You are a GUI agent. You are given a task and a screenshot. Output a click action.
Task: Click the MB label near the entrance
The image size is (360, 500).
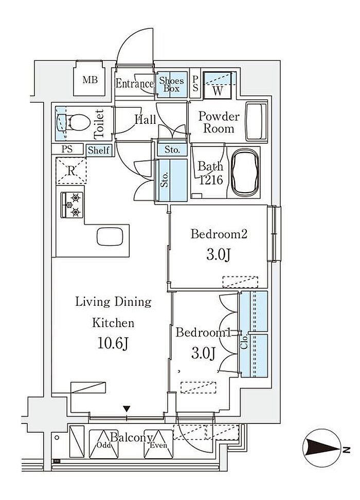coord(90,80)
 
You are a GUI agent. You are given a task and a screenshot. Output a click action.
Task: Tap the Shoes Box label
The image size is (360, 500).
coord(171,84)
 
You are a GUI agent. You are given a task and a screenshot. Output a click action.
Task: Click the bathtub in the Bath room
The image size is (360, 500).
coord(245,173)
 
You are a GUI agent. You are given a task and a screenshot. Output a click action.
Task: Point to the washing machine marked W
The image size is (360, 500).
coord(218,84)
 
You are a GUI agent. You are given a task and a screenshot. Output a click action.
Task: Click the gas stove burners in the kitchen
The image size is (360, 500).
coord(72,205)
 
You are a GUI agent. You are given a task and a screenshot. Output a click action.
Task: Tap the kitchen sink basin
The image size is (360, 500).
coord(110,237)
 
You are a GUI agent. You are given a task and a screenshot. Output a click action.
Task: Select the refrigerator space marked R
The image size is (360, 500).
coord(71,171)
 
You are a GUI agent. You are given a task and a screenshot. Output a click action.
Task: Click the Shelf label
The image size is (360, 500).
coord(99,150)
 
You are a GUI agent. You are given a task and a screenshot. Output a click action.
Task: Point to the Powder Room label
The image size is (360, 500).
coord(219,122)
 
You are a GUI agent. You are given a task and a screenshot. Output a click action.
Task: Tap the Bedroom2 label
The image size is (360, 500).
coord(219,234)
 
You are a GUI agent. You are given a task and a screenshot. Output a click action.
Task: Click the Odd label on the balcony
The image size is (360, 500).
coord(104,445)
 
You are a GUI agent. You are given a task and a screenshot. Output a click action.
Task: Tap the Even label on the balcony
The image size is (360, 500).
coord(158,445)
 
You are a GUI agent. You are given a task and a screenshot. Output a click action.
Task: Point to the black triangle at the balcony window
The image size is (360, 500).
coord(127,409)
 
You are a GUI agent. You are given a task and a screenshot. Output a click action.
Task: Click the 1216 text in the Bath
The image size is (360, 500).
coord(211,180)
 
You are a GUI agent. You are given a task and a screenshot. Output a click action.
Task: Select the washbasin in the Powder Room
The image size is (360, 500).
coord(257,121)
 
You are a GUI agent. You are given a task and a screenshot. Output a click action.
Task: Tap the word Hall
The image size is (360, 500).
coord(145,120)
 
